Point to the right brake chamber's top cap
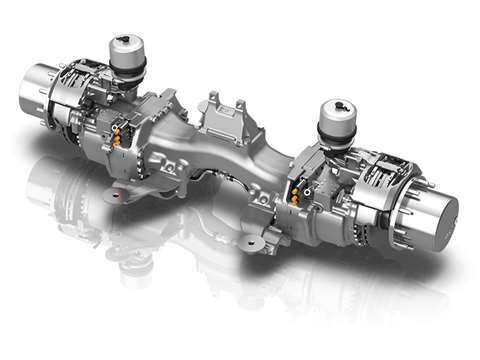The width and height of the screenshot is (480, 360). (335, 111)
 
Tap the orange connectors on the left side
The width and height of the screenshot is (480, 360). (122, 134)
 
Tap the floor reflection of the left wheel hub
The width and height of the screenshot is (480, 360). (45, 180)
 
